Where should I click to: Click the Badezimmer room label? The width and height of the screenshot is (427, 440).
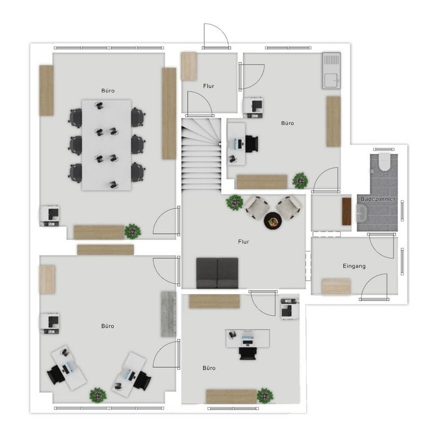[378, 199]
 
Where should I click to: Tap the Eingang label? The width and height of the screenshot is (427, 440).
[354, 266]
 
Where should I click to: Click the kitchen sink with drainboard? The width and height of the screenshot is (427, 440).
[331, 71]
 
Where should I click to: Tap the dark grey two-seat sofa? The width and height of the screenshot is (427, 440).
[217, 273]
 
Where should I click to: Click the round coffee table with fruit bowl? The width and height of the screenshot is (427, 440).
[273, 221]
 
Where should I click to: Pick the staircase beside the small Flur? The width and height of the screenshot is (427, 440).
[201, 154]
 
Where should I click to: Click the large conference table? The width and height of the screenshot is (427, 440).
[106, 145]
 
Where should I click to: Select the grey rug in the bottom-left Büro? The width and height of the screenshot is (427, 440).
[168, 314]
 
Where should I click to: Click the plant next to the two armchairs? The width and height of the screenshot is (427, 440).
[235, 202]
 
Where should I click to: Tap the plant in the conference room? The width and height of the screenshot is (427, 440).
[133, 231]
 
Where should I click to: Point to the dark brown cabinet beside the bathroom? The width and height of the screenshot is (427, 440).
[347, 211]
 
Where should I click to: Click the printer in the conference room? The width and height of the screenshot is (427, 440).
[49, 216]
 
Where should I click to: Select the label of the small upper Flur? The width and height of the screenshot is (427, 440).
[208, 86]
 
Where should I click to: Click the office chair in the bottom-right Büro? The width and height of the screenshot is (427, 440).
[247, 353]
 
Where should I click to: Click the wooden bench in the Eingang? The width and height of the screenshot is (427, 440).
[336, 286]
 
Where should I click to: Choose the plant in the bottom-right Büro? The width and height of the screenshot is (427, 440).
[265, 396]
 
